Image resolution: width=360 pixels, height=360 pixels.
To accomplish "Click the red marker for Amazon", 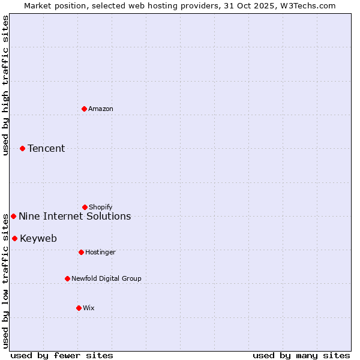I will pos(84,109).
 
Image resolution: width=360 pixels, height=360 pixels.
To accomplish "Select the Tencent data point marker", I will pos(22,148).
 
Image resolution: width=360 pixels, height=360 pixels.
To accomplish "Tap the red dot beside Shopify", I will pos(85,207).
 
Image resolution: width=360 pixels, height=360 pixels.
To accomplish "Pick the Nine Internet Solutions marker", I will pos(13,216).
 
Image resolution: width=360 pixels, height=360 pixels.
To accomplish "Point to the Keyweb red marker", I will pos(14,238).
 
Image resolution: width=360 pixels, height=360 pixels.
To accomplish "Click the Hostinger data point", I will pos(81,252).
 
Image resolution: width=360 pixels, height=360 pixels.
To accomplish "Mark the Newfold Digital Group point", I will pos(67,278).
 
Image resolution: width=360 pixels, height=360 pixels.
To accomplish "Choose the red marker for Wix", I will pos(79,308).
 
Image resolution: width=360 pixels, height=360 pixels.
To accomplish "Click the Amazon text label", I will pos(101,109).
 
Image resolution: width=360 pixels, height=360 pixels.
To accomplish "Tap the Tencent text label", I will pos(46,148).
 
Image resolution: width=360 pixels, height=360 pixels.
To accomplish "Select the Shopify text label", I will pos(101,207).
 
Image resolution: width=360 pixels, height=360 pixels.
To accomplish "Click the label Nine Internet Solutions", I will pos(74,216).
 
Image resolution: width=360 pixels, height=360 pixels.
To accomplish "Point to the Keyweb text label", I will pos(38,238).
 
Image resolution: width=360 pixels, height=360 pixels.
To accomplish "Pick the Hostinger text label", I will pos(100,252).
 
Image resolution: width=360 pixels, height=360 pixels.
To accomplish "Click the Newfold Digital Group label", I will pos(106,278).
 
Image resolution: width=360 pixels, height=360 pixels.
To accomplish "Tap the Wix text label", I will pos(89,308).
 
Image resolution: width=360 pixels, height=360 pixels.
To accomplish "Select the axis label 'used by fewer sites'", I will pos(62,355).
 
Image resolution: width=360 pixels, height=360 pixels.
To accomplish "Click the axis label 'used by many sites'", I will pos(301,355).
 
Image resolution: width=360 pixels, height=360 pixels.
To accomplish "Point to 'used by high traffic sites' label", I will pos(5,86).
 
